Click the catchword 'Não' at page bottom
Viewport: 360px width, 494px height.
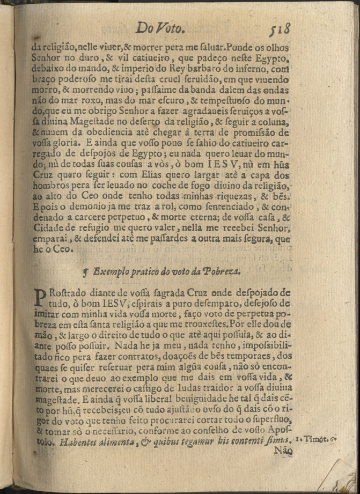283,453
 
